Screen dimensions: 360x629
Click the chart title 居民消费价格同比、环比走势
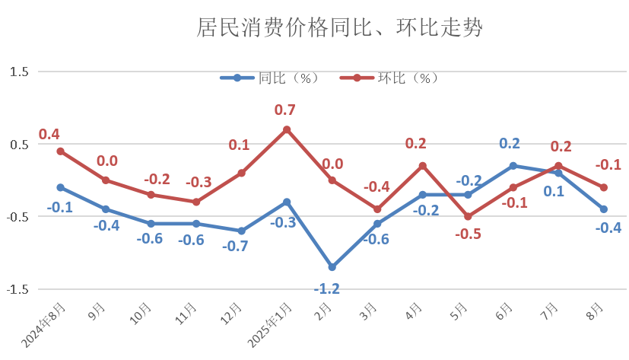point(340,29)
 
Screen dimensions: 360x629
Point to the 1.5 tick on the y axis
point(19,72)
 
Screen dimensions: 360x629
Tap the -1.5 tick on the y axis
point(17,290)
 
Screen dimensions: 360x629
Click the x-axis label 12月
point(233,313)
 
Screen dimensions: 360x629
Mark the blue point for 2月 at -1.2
point(332,267)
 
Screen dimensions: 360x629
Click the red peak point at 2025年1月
point(287,129)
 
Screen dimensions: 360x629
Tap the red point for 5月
point(468,216)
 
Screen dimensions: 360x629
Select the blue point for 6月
point(513,165)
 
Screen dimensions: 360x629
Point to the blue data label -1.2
point(327,288)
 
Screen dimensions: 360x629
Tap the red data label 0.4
point(49,135)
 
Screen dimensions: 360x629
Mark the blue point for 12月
point(241,231)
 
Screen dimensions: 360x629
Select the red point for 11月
point(196,202)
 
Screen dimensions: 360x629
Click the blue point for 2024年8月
point(60,187)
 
